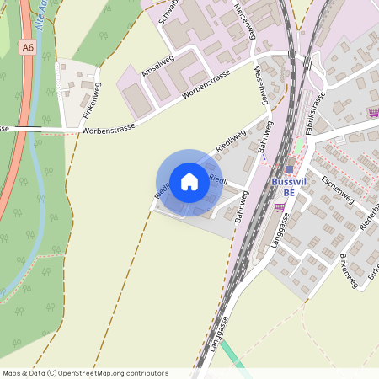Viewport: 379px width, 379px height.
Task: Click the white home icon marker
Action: tap(189, 181)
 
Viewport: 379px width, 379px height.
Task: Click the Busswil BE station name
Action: tap(290, 186)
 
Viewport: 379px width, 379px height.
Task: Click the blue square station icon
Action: tap(289, 168)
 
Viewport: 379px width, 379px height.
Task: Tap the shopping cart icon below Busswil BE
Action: tap(280, 207)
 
